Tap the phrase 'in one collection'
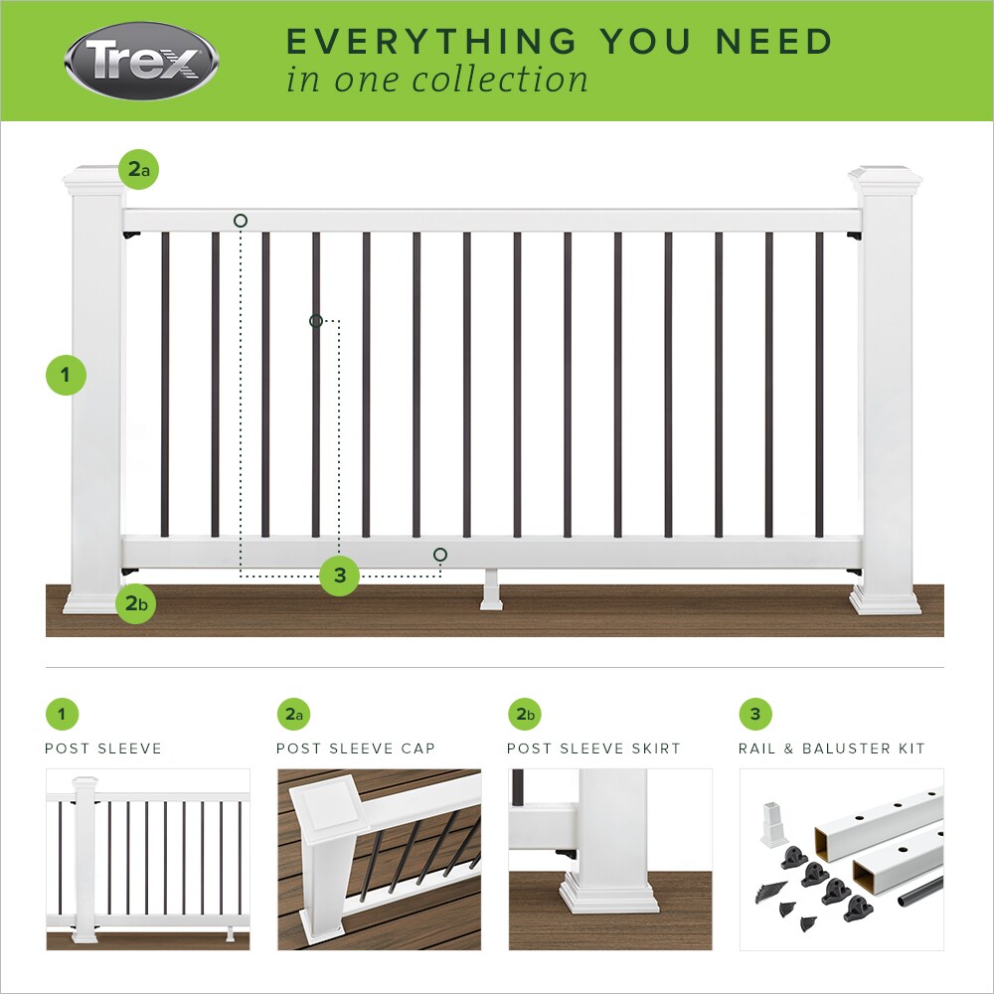[437, 80]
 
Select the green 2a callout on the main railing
[138, 170]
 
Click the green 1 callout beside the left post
[67, 375]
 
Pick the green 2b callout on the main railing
[136, 603]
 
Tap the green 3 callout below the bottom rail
[339, 576]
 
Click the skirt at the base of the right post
[885, 601]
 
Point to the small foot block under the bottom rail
[492, 592]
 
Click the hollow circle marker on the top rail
[241, 220]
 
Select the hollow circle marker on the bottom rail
[440, 554]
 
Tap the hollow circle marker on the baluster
[316, 320]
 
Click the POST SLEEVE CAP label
[355, 748]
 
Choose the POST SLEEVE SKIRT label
[593, 748]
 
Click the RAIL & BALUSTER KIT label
[831, 748]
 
